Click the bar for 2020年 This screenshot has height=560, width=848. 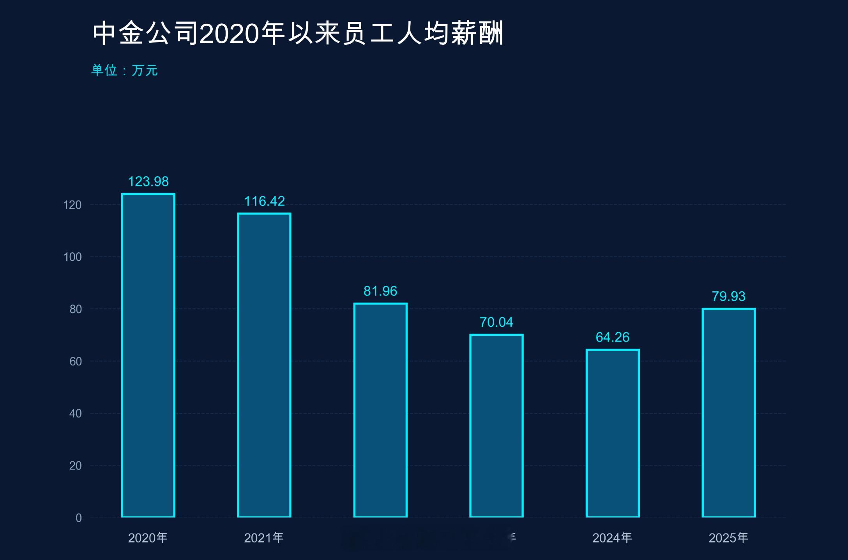pyautogui.click(x=148, y=355)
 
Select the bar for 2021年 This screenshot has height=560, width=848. pyautogui.click(x=264, y=365)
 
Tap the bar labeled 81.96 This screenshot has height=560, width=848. pyautogui.click(x=380, y=410)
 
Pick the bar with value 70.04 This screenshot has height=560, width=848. pyautogui.click(x=496, y=425)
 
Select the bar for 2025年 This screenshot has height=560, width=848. pyautogui.click(x=728, y=413)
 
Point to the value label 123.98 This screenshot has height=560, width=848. pyautogui.click(x=148, y=182)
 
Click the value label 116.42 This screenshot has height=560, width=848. pyautogui.click(x=264, y=201)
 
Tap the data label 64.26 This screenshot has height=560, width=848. pyautogui.click(x=612, y=337)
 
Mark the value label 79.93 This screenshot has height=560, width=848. pyautogui.click(x=728, y=297)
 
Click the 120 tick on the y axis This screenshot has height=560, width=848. pyautogui.click(x=72, y=205)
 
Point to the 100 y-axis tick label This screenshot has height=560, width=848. pyautogui.click(x=72, y=257)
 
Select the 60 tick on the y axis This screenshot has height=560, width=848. pyautogui.click(x=76, y=362)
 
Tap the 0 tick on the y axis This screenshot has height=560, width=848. pyautogui.click(x=79, y=518)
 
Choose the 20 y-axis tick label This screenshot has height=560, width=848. pyautogui.click(x=76, y=466)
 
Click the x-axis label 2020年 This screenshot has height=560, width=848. pyautogui.click(x=148, y=538)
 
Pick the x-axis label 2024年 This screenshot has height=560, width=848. pyautogui.click(x=612, y=538)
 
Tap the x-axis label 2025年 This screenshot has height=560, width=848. pyautogui.click(x=728, y=538)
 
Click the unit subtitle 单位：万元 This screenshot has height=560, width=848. pyautogui.click(x=124, y=71)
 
